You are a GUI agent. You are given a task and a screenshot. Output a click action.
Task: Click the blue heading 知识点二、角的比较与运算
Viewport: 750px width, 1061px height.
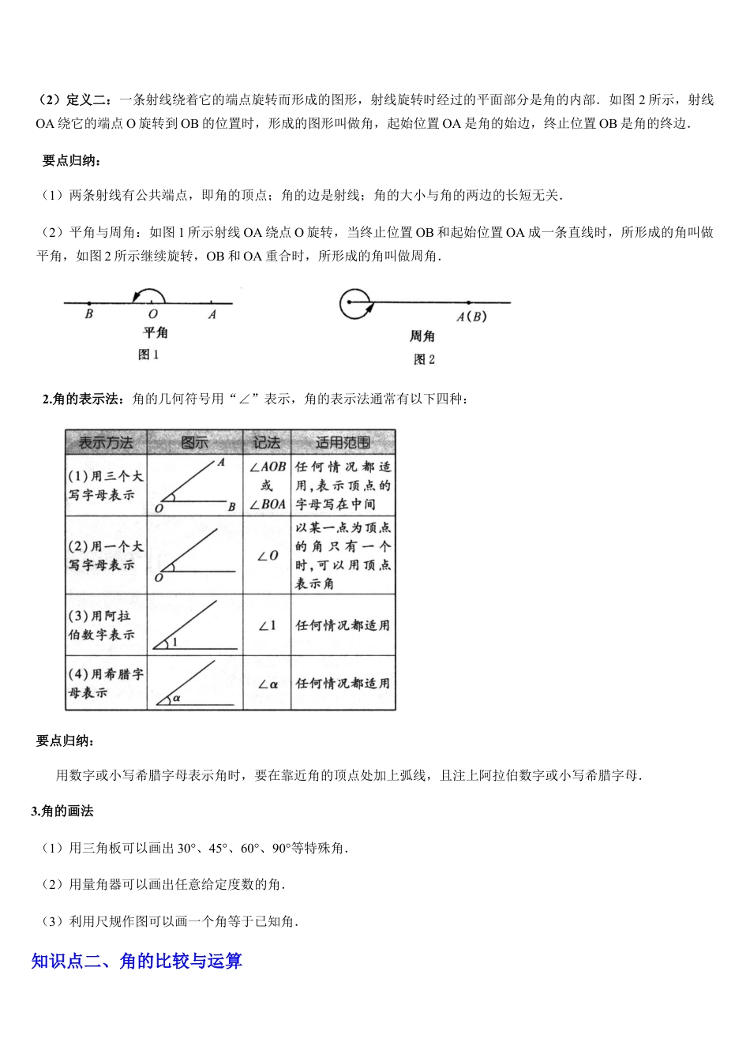pos(137,961)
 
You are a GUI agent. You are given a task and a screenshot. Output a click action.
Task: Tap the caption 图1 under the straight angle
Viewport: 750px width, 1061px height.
pos(148,355)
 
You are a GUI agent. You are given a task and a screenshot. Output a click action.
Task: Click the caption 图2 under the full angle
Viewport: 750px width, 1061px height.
pos(424,360)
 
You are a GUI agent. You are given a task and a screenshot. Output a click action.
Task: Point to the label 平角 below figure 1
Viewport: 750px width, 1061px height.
pos(155,333)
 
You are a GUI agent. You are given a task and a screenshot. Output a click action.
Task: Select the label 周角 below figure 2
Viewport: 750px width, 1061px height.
pos(422,337)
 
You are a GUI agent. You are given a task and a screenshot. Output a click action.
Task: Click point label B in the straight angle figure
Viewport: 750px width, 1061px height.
pos(88,314)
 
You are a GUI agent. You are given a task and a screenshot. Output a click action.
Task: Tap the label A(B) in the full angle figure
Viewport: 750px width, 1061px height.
pos(471,317)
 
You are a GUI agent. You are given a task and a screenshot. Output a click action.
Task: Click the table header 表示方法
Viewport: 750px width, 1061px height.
pos(106,443)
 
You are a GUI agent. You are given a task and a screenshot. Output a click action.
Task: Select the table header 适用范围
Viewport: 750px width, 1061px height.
pos(343,443)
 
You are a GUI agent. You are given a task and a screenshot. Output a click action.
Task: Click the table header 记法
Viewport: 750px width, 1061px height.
pos(267,443)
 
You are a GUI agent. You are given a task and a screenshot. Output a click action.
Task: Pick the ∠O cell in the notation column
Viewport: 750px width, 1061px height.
pos(268,556)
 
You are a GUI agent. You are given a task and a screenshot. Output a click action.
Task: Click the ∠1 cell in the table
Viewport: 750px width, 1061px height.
pos(268,625)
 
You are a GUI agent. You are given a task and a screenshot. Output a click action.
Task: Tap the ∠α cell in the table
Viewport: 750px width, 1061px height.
pos(268,684)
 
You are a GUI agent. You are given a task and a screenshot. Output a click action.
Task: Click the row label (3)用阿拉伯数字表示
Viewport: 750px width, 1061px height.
pos(102,625)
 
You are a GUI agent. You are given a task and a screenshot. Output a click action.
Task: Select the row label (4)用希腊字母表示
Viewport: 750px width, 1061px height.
pos(105,684)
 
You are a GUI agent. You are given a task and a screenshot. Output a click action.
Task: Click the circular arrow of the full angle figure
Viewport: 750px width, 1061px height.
pos(355,303)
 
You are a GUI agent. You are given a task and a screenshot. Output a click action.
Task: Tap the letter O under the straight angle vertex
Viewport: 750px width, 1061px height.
pos(152,314)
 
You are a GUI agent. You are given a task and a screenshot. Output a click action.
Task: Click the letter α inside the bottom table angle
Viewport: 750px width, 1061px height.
pos(177,698)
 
